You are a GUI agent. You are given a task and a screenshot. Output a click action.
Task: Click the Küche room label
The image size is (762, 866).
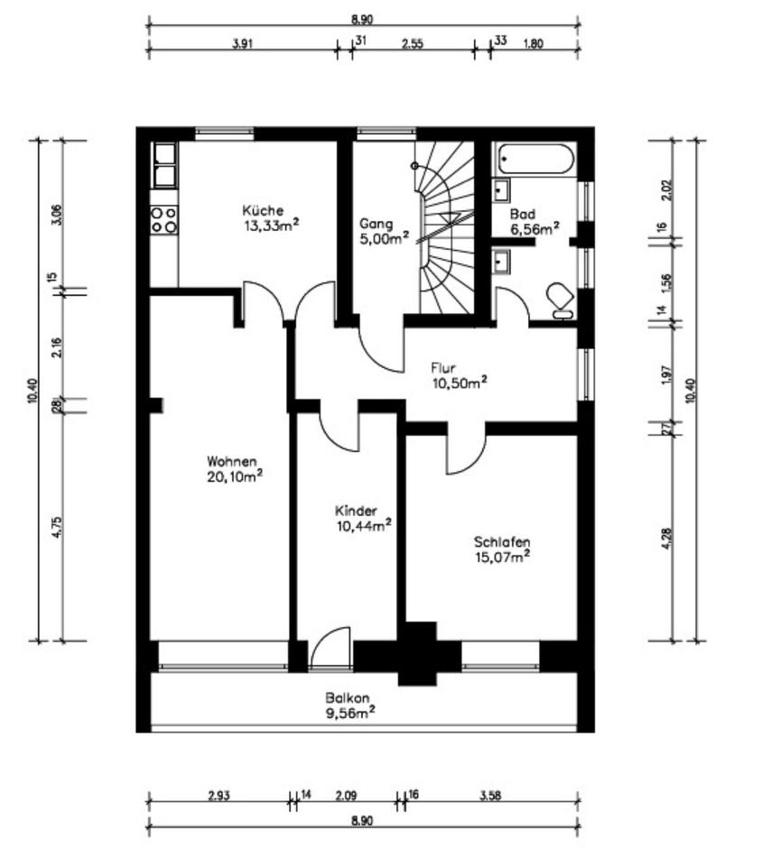tap(263, 210)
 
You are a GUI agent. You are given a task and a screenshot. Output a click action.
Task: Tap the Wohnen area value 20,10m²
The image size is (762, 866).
tap(235, 476)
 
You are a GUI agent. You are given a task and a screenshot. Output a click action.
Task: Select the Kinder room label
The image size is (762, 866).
tap(356, 511)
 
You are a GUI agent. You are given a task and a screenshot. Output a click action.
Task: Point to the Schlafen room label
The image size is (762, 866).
tap(502, 542)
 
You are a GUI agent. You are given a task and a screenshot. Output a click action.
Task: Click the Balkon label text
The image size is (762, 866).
tap(348, 697)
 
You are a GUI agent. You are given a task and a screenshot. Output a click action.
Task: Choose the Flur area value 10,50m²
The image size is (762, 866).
tap(460, 382)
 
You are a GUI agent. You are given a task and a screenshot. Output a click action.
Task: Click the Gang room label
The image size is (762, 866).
tap(376, 225)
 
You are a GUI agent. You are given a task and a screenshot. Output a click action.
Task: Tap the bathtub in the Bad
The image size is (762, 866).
tap(536, 159)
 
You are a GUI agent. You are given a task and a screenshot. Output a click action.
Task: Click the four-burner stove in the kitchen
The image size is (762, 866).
tap(164, 219)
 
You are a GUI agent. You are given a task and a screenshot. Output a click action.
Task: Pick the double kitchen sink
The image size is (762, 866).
tap(165, 165)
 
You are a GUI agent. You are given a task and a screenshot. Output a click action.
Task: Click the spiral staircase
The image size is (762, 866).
tap(445, 227)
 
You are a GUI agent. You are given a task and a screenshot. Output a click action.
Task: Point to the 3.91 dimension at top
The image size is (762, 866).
tap(243, 43)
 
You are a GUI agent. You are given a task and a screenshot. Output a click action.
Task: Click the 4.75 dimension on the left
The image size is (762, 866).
tap(58, 527)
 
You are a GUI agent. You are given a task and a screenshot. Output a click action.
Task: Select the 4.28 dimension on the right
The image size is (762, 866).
tap(666, 539)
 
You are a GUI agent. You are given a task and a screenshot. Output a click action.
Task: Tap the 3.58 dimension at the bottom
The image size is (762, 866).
tap(490, 796)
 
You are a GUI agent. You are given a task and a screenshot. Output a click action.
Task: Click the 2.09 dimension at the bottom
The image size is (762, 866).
tap(347, 796)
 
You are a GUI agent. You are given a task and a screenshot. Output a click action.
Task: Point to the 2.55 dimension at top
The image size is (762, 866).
tap(413, 43)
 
